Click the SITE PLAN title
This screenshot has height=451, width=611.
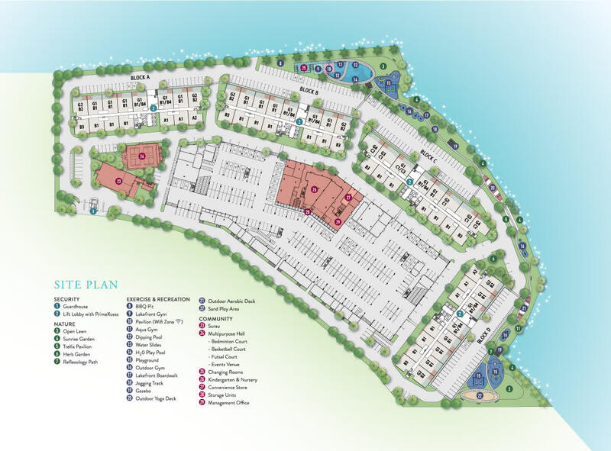tap(86, 285)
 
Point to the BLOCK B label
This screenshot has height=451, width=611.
tap(308, 91)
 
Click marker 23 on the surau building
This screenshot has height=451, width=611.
tap(118, 181)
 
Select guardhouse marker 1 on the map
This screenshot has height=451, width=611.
tap(93, 211)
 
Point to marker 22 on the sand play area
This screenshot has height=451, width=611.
tap(480, 395)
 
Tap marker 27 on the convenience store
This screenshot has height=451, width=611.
tap(348, 198)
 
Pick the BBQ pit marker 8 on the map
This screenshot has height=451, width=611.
tap(280, 62)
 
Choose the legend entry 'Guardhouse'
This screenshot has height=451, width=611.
tap(76, 306)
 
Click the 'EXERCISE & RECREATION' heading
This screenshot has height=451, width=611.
tap(158, 299)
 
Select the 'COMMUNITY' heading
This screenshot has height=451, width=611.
tap(217, 318)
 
